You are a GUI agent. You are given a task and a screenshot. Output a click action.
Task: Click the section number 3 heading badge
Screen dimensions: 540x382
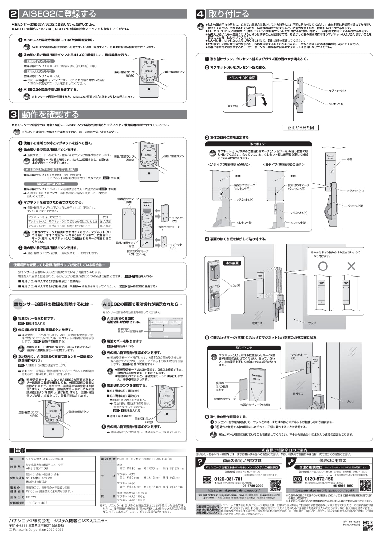(14, 115)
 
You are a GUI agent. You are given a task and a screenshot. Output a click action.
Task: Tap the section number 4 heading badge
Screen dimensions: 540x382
(200, 14)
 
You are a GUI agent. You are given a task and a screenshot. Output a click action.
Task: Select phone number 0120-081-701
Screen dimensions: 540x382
(228, 479)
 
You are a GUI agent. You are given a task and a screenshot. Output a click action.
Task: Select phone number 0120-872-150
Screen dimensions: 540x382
(319, 479)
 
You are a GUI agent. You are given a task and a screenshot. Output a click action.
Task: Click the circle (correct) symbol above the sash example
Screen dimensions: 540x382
(323, 266)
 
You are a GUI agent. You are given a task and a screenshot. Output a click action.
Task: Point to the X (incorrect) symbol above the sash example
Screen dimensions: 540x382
(352, 266)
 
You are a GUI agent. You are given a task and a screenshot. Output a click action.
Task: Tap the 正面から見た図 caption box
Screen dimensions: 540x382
(300, 128)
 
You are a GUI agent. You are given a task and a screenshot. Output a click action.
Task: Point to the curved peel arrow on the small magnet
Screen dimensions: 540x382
(264, 101)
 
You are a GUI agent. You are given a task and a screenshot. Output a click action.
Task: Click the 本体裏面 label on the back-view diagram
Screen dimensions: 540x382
(232, 263)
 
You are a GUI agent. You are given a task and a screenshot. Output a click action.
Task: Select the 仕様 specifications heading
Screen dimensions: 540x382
(18, 450)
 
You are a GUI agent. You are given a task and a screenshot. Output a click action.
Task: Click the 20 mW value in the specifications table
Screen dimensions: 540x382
(31, 497)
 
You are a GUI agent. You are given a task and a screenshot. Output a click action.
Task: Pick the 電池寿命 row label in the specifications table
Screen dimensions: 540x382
(108, 459)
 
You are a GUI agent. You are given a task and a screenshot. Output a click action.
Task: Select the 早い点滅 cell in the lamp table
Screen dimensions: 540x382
(105, 226)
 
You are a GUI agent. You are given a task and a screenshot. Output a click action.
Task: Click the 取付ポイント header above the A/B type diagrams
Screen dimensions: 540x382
(258, 144)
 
